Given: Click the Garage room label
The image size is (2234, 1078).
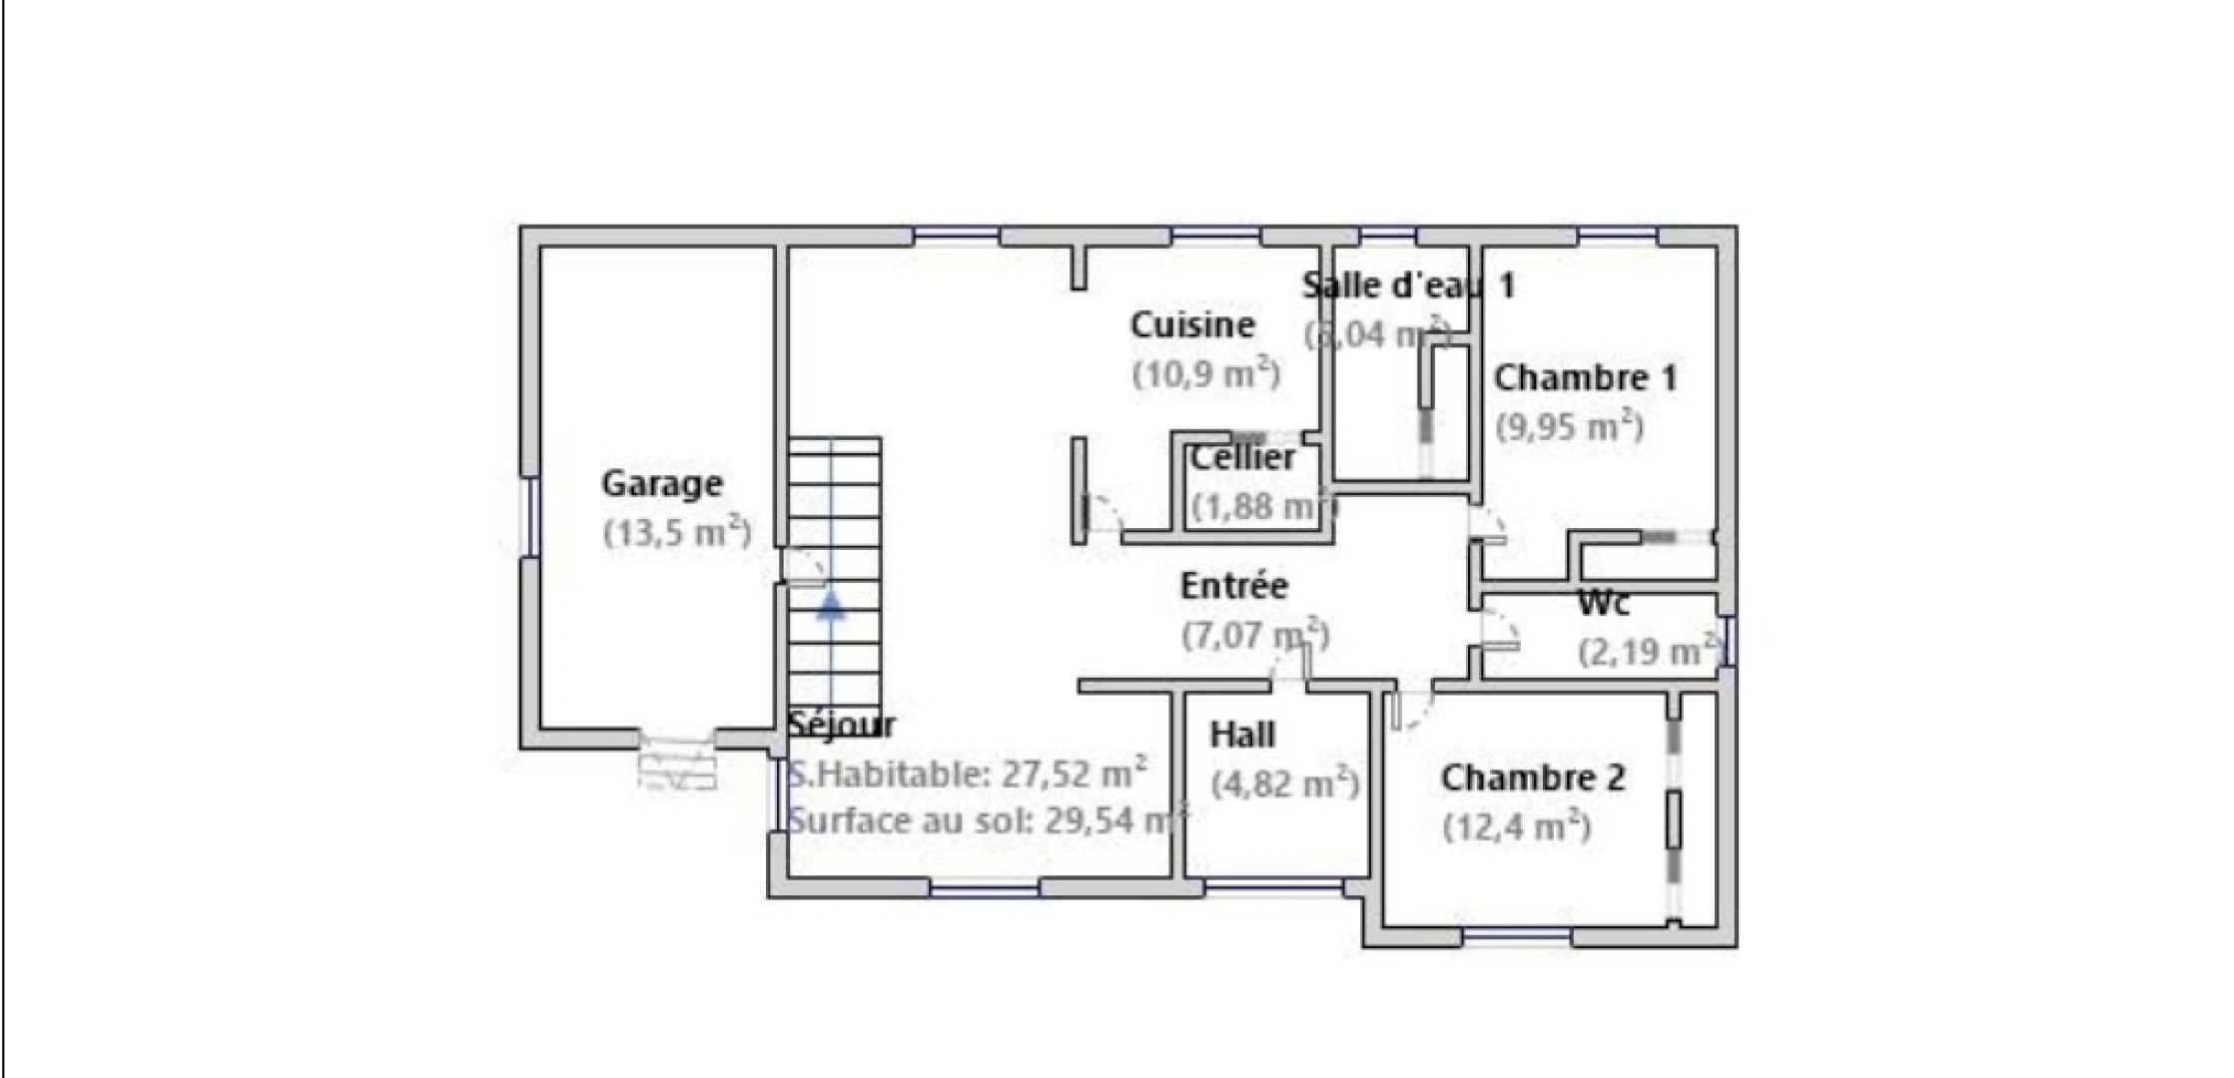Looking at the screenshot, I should click(x=661, y=484).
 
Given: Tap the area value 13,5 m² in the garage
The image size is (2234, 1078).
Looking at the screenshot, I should click(x=677, y=531).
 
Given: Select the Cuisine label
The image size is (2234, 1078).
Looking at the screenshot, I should click(x=1192, y=325).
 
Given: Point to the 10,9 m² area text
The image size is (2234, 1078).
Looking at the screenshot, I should click(x=1206, y=374).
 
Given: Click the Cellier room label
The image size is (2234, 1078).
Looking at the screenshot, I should click(x=1242, y=458).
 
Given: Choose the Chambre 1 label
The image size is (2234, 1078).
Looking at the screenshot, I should click(x=1585, y=378).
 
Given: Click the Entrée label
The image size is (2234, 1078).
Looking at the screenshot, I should click(x=1234, y=586).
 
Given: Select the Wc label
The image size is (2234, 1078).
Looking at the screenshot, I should click(x=1604, y=604).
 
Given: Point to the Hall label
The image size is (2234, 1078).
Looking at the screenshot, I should click(x=1242, y=736).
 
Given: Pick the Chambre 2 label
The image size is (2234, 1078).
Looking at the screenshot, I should click(x=1533, y=779).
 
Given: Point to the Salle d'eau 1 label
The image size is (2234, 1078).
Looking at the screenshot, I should click(x=1408, y=286).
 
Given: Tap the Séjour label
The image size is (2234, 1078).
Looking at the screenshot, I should click(x=841, y=726).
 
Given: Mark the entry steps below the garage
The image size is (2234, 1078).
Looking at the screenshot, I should click(x=678, y=766).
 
